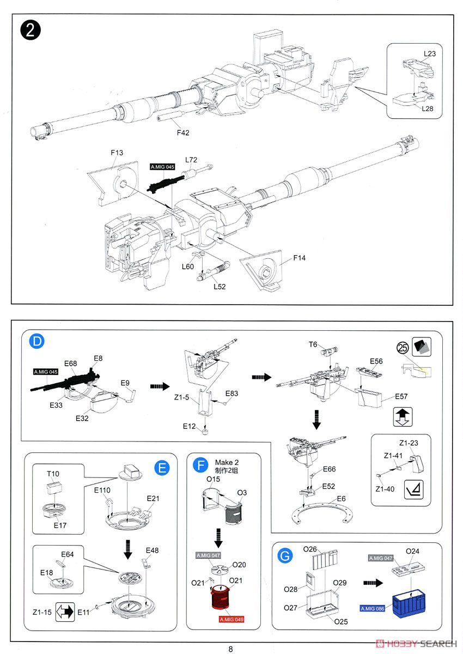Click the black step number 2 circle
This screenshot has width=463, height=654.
point(31,29)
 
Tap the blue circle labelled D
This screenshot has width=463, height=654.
point(36,342)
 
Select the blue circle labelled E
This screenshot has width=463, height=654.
point(162,467)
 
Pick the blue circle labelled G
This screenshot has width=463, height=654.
point(284,556)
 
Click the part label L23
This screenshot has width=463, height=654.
point(430,54)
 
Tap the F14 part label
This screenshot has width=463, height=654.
point(300,258)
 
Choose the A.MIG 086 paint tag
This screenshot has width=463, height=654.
point(372,608)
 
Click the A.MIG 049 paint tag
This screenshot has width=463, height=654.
point(231,620)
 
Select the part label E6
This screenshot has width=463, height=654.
point(341,499)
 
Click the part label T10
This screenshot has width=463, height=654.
point(53,474)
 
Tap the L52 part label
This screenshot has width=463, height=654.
point(220,287)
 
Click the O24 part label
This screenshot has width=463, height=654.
point(413,551)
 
